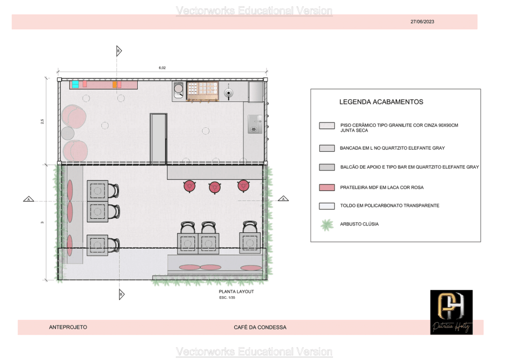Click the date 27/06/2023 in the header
[422, 21]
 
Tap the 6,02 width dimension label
[162, 68]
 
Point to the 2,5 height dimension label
[42, 121]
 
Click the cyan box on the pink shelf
[76, 84]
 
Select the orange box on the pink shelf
[115, 85]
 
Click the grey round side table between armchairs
[68, 133]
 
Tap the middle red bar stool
[215, 187]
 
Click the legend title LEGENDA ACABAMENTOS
[381, 102]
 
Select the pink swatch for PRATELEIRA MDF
[327, 187]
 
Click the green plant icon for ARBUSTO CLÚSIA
[327, 225]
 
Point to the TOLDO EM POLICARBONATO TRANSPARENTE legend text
[390, 205]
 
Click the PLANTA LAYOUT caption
[236, 291]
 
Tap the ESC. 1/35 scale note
[227, 298]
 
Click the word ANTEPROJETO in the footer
[68, 327]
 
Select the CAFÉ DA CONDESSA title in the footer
[260, 327]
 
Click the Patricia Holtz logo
[451, 312]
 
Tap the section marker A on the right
[283, 199]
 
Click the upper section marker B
[119, 51]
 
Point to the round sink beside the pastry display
[178, 89]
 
